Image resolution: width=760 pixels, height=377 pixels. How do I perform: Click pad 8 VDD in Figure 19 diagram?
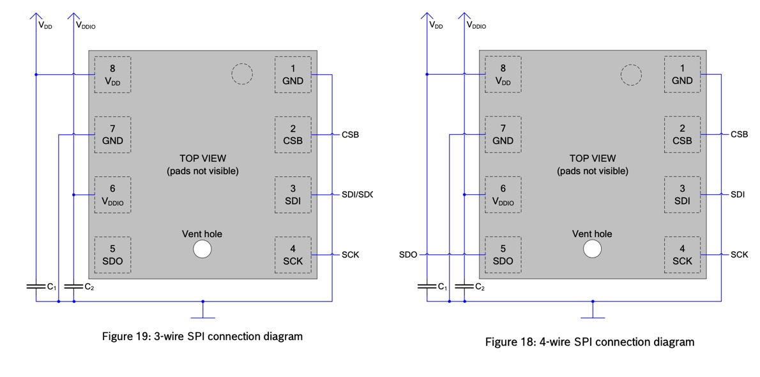pos(112,75)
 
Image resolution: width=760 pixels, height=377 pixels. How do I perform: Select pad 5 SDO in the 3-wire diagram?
pos(112,255)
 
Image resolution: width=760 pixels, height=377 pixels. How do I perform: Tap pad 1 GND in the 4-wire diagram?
pos(682,75)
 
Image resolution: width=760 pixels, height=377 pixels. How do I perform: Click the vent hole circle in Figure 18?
pos(593,249)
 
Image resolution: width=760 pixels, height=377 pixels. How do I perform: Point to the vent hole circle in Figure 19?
pos(202,249)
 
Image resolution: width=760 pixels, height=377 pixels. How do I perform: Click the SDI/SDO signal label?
pos(356,194)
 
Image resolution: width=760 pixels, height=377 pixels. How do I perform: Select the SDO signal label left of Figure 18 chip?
pos(408,254)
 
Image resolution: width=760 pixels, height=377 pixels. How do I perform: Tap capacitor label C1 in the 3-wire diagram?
pos(52,287)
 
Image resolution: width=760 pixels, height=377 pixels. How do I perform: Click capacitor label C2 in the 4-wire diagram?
pos(479,288)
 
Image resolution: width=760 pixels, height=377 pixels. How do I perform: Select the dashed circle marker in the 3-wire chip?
pos(242,74)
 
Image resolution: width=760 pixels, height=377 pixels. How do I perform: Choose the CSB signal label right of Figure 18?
pos(739,135)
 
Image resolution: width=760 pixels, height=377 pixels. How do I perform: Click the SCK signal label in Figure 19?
pos(350,254)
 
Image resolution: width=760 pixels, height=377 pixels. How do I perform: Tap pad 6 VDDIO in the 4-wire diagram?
pos(503,195)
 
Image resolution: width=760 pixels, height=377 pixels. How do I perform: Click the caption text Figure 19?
pos(202,336)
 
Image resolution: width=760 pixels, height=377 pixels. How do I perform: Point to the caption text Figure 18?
pos(589,342)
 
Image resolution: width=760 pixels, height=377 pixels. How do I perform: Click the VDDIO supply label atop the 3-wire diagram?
pos(86,26)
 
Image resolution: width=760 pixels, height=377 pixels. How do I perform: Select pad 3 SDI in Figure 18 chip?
pos(682,195)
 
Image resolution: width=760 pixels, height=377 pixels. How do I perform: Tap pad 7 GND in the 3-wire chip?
pos(112,135)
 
